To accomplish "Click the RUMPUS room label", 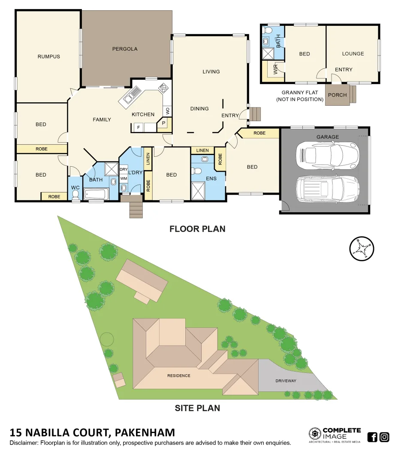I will (48, 57).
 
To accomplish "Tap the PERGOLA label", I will (125, 49).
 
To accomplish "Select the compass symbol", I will (362, 248).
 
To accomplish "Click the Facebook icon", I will (372, 437).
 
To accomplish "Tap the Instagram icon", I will (384, 437).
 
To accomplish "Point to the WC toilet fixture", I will (75, 195).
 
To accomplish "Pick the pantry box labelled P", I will (164, 123).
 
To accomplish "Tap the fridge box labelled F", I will (138, 128).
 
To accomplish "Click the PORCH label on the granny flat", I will (337, 95).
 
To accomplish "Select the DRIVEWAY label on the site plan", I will (286, 381).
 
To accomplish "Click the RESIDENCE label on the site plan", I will (178, 375).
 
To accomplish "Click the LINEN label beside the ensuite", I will (202, 150).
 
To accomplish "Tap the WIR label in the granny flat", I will (275, 70).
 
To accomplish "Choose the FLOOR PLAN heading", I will (197, 229).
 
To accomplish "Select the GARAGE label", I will (328, 137).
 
